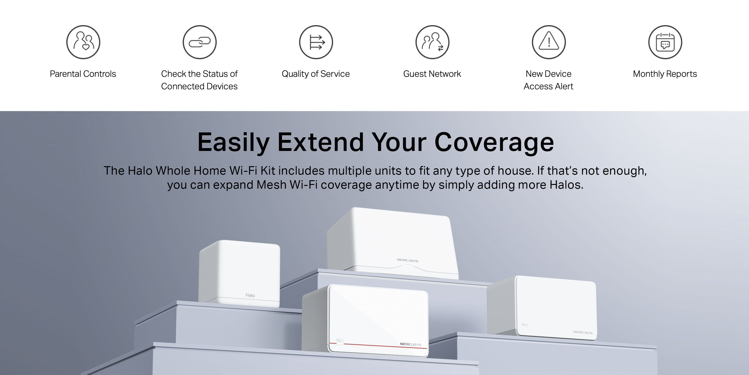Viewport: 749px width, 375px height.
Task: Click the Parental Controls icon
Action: point(83,42)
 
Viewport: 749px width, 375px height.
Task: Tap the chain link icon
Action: point(199,42)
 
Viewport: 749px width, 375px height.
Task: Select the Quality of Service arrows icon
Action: point(316,42)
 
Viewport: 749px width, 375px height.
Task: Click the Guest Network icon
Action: point(432,42)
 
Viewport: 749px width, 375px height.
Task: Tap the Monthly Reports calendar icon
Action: point(665,42)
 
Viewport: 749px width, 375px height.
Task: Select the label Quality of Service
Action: point(316,74)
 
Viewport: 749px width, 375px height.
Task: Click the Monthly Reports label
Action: point(665,74)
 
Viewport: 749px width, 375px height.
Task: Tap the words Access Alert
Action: point(548,86)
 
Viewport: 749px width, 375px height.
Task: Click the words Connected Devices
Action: point(199,86)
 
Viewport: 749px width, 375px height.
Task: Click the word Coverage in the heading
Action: point(494,143)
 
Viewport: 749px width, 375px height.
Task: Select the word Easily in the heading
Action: point(234,143)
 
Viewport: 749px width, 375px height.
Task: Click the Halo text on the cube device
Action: point(250,295)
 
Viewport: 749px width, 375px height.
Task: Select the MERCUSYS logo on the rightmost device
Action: point(583,332)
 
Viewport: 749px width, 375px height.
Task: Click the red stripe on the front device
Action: point(378,346)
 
